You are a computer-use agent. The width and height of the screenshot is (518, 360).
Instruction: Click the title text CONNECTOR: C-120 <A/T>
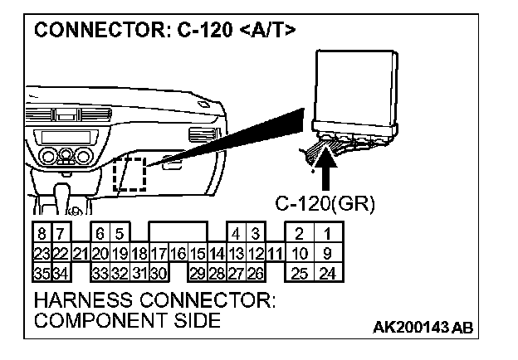point(164,31)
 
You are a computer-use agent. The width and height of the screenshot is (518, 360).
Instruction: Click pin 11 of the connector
point(276,252)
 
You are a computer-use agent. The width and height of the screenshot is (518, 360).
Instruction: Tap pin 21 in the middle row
point(81,252)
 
